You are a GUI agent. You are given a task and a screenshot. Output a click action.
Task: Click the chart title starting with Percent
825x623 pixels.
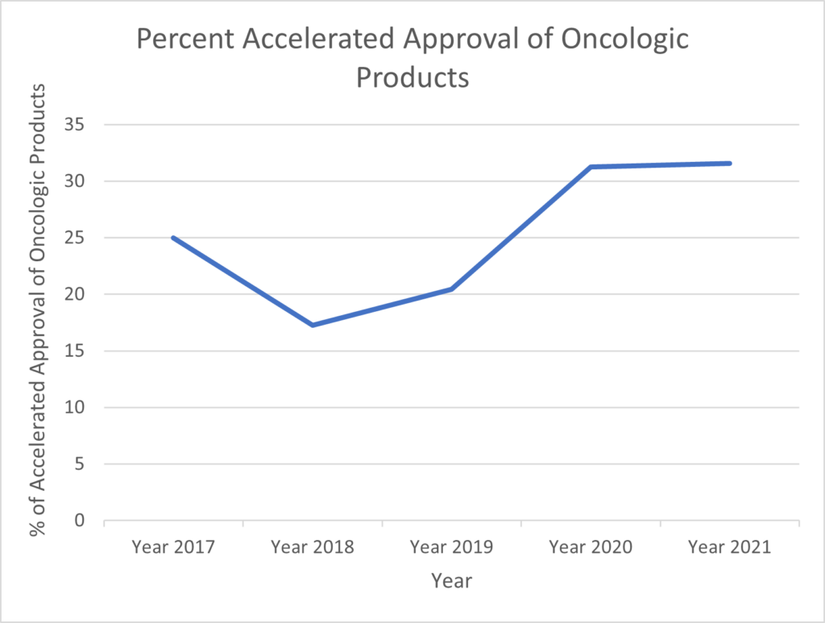click(x=412, y=58)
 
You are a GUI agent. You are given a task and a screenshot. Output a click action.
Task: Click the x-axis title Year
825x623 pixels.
click(x=451, y=580)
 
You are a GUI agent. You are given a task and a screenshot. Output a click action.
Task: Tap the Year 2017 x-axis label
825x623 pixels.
click(x=173, y=547)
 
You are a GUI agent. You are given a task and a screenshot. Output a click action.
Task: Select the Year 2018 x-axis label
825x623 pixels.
click(x=313, y=547)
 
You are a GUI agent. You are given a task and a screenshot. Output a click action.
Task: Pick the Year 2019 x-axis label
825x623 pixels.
click(x=451, y=547)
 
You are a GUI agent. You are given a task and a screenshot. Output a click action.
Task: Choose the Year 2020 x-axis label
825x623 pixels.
click(x=591, y=547)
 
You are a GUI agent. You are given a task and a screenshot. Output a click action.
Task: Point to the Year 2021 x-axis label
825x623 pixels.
click(x=730, y=547)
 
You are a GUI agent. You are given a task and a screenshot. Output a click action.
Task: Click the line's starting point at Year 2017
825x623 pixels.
click(x=173, y=238)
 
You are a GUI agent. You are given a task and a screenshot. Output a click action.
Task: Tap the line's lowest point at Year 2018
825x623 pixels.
click(x=313, y=325)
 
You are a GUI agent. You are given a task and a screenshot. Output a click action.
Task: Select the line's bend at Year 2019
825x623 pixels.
click(x=451, y=289)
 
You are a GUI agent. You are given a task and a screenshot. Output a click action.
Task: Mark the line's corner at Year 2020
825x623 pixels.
click(x=591, y=167)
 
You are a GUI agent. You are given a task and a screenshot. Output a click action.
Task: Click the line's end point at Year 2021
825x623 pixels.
click(x=729, y=164)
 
